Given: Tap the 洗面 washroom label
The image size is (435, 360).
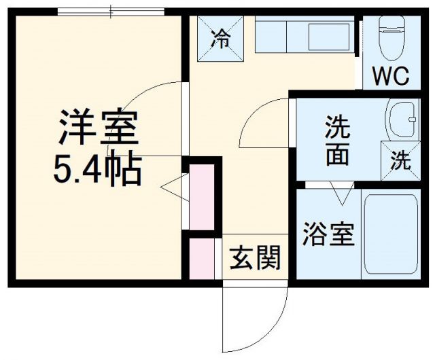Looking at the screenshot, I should (336, 141).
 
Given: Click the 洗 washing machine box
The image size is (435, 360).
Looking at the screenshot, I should (400, 161).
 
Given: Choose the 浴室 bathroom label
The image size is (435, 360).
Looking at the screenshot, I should (328, 235).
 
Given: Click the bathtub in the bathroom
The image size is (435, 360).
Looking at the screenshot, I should (388, 234).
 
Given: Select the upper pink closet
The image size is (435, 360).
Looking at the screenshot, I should (202, 198).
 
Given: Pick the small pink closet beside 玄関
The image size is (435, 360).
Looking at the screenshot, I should (202, 258).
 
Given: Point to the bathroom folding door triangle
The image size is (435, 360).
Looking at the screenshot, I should (342, 195).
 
